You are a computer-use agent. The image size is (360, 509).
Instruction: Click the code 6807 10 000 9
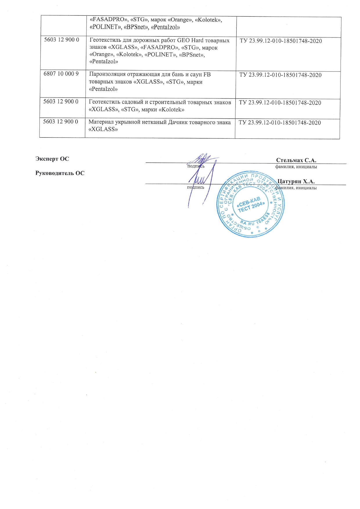click(x=61, y=74)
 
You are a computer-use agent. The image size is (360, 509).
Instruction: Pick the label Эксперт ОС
click(x=52, y=159)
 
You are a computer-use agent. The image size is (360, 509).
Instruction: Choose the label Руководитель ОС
click(x=60, y=173)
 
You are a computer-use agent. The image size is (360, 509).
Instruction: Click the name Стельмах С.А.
click(x=296, y=160)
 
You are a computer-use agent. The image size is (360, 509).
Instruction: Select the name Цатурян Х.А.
click(x=296, y=182)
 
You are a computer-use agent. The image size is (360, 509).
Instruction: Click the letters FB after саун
click(x=207, y=74)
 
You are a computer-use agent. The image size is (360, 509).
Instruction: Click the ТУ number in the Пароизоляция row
click(x=280, y=75)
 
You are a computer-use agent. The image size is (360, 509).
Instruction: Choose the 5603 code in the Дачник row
click(x=60, y=122)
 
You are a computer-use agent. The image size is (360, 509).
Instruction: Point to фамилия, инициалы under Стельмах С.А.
click(x=296, y=167)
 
